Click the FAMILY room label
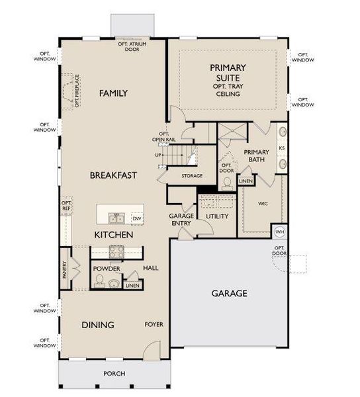113,93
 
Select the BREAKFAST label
114,175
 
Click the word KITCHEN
114,235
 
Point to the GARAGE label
229,292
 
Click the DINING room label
98,325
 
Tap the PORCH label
114,374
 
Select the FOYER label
154,324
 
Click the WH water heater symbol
279,232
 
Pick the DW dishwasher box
137,218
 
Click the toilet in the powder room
100,281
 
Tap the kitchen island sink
114,218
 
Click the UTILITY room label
216,216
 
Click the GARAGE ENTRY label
181,220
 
